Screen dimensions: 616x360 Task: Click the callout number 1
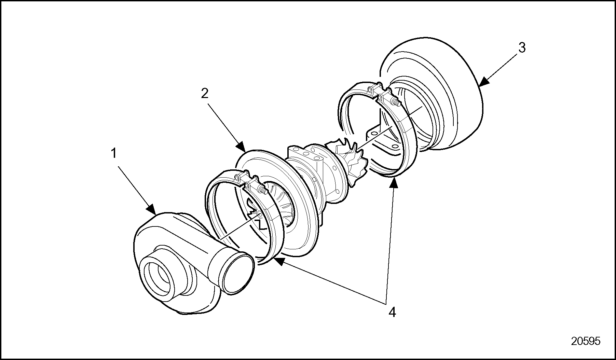[113, 154]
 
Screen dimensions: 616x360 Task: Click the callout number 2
[204, 93]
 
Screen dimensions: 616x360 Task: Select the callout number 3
[522, 48]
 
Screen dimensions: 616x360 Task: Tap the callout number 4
[392, 312]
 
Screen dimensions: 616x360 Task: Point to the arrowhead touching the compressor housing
[151, 209]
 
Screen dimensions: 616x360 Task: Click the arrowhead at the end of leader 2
[241, 147]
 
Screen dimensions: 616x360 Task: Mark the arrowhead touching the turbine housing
[483, 82]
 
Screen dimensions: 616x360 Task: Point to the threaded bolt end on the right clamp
[395, 102]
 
